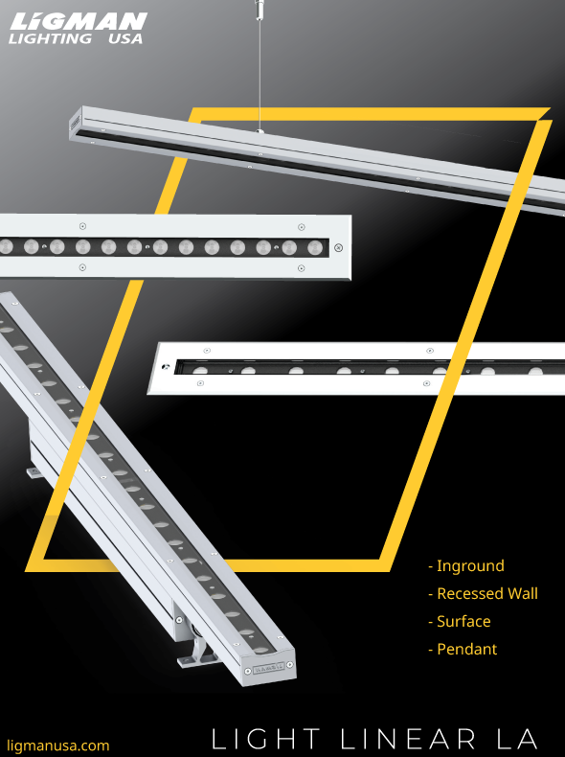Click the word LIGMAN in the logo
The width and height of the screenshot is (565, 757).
tap(77, 21)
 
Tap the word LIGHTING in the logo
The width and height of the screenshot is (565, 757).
tap(50, 39)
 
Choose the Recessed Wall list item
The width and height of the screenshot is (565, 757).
tap(483, 593)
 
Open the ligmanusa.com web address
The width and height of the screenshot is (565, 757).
tap(58, 745)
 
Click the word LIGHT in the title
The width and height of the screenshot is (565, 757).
tap(266, 739)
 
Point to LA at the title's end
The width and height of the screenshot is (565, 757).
tap(517, 739)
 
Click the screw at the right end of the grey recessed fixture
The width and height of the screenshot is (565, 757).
tap(337, 247)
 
